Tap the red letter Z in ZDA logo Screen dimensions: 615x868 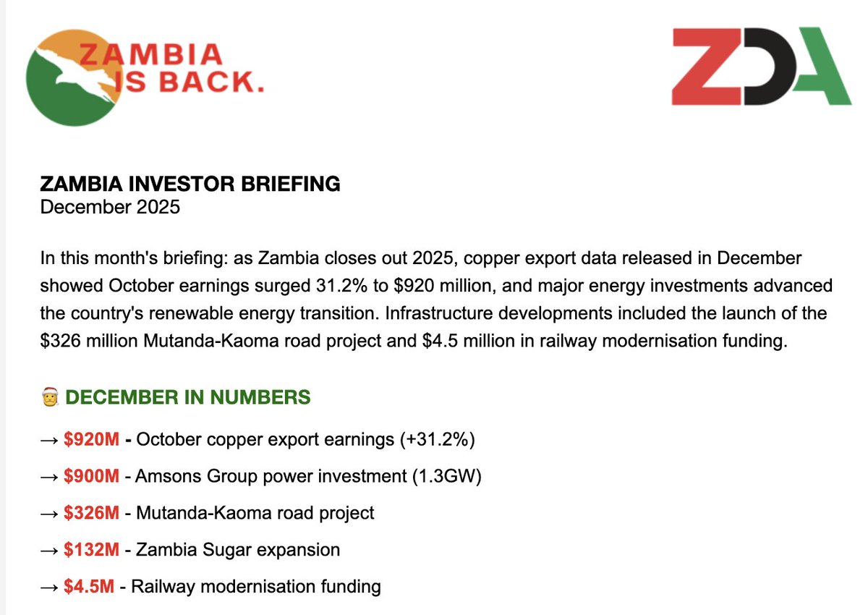click(x=705, y=66)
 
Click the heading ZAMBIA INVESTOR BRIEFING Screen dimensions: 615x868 click(x=190, y=184)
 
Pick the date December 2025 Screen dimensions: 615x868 click(x=110, y=207)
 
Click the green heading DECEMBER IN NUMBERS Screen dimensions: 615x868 click(x=187, y=396)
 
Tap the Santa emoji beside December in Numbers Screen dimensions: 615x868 click(x=49, y=397)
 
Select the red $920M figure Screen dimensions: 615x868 click(x=90, y=439)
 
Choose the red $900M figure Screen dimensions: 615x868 click(x=90, y=476)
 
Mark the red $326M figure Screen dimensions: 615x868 click(x=90, y=513)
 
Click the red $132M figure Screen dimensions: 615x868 click(x=90, y=549)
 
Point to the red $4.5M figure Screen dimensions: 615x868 click(x=88, y=586)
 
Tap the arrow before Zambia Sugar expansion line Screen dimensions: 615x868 click(x=49, y=550)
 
